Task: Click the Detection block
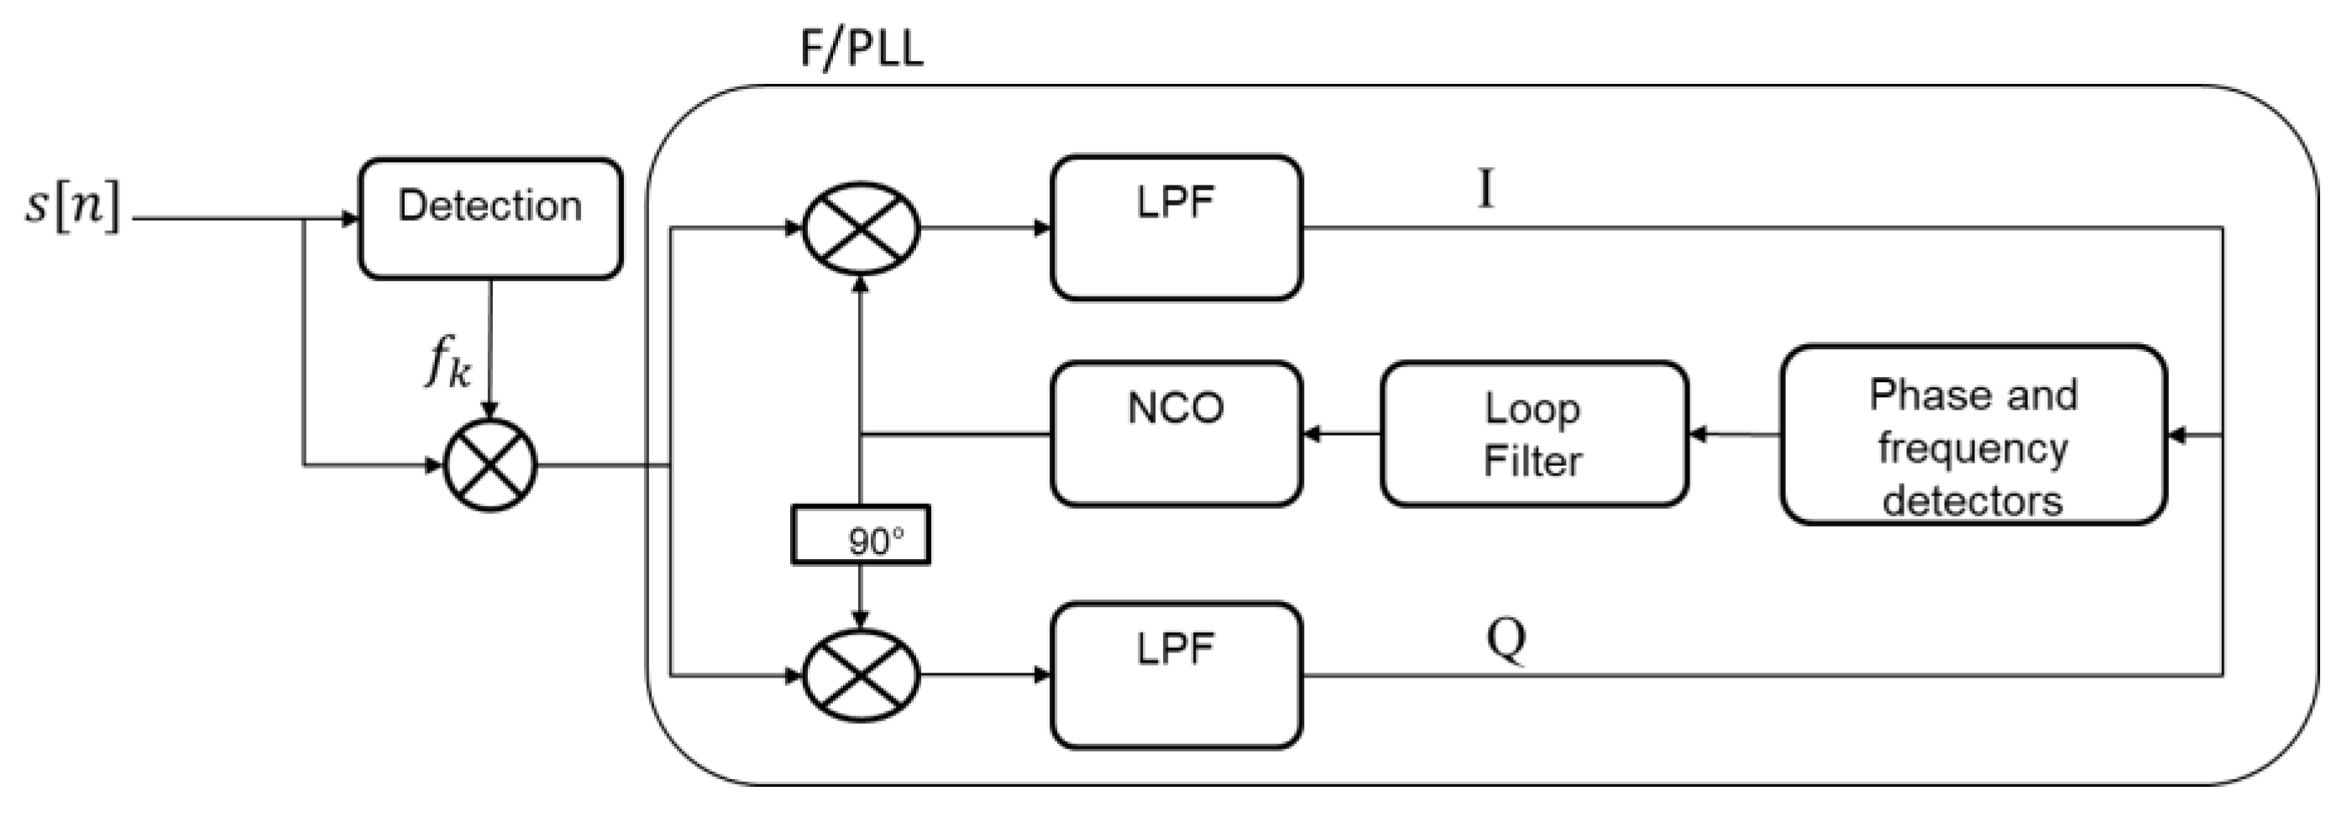[490, 217]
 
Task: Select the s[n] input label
[73, 207]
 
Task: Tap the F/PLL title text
[861, 48]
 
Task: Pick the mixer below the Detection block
[490, 465]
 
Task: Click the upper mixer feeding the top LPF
[860, 228]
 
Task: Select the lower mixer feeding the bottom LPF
[860, 675]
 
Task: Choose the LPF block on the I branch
[1176, 227]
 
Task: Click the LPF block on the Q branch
[1176, 675]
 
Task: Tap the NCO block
[1176, 433]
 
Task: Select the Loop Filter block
[1533, 433]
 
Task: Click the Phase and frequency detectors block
[1972, 434]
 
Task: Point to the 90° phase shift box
[860, 535]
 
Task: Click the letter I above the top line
[1485, 191]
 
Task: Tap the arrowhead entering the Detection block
[349, 218]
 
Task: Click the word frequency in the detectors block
[1972, 448]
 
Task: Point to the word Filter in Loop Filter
[1532, 461]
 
